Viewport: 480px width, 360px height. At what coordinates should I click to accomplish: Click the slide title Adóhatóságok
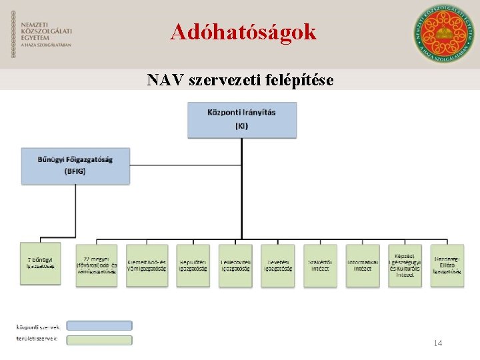[243, 31]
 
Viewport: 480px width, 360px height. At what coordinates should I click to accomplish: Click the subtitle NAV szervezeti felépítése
[240, 81]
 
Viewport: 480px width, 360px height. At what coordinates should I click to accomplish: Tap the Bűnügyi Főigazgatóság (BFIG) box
[75, 165]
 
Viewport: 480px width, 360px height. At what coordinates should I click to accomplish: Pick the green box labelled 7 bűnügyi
[40, 265]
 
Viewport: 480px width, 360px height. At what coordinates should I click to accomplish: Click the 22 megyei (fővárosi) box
[97, 265]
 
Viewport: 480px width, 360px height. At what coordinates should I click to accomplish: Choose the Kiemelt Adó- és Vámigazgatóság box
[147, 265]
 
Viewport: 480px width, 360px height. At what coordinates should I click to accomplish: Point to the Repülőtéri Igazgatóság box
[193, 265]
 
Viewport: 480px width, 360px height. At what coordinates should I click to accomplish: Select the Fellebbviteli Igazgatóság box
[235, 265]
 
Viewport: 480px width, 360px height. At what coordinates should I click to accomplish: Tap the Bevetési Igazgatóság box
[277, 265]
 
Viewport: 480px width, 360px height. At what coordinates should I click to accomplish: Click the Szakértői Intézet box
[320, 265]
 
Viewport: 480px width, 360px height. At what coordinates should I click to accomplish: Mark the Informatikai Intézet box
[363, 265]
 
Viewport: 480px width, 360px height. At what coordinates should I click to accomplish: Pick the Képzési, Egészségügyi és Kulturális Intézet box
[405, 265]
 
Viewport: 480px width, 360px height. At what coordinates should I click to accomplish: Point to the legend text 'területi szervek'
[37, 339]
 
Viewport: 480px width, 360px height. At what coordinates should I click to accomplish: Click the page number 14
[438, 343]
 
